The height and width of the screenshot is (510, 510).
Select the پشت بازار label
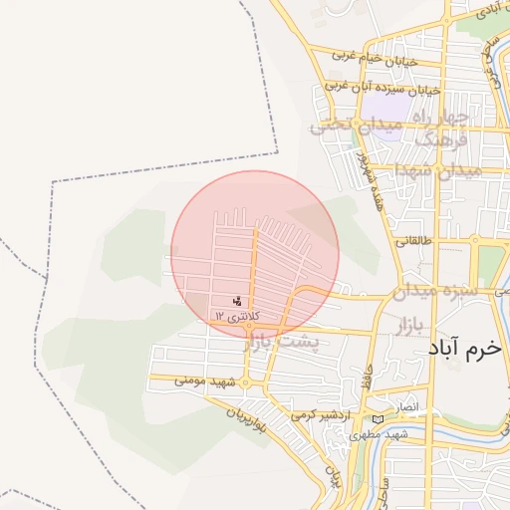[x=291, y=342]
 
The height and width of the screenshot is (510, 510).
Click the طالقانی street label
[x=416, y=240]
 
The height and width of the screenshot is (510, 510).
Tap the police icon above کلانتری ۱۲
[x=236, y=300]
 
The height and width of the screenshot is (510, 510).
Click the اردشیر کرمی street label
[x=324, y=413]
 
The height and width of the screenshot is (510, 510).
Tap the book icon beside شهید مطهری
[x=378, y=419]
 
